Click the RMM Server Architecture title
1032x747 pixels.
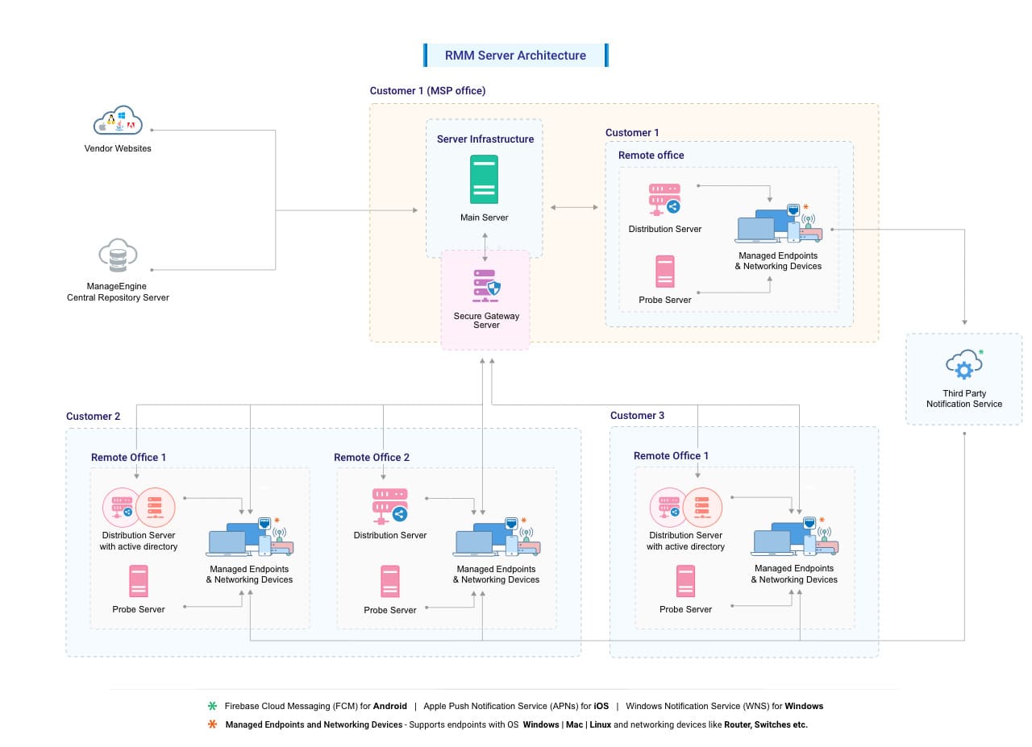pyautogui.click(x=515, y=56)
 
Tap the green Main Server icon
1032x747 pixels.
pyautogui.click(x=484, y=179)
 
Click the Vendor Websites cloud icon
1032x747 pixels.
pyautogui.click(x=118, y=121)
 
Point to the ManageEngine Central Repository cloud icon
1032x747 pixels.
pyautogui.click(x=118, y=256)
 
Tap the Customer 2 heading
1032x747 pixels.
pyautogui.click(x=93, y=417)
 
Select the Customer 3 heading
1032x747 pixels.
pyautogui.click(x=637, y=416)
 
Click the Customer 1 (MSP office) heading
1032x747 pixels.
pyautogui.click(x=427, y=91)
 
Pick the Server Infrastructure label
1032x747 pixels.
pyautogui.click(x=485, y=139)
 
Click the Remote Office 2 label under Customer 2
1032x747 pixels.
pyautogui.click(x=372, y=458)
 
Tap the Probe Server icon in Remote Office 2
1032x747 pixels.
pyautogui.click(x=390, y=581)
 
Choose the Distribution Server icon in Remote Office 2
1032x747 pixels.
pyautogui.click(x=389, y=506)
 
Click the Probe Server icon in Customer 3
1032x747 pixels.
pyautogui.click(x=685, y=580)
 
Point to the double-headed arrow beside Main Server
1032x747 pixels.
pyautogui.click(x=574, y=207)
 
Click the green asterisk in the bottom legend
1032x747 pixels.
pyautogui.click(x=213, y=706)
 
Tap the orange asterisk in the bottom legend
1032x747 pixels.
pyautogui.click(x=213, y=724)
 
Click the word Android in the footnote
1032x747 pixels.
pyautogui.click(x=389, y=706)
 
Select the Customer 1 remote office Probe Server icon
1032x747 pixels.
pyautogui.click(x=664, y=272)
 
